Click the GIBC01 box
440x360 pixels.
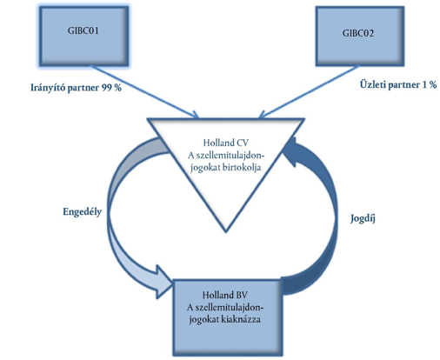[84, 37]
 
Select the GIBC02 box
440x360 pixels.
[360, 37]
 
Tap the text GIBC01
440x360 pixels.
[83, 30]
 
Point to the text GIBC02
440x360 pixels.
[358, 33]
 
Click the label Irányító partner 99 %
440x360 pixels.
[76, 88]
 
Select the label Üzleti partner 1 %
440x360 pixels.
[398, 84]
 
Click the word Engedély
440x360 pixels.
[83, 212]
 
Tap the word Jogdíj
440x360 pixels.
[363, 218]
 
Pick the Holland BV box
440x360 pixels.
[227, 317]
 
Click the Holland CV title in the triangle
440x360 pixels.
[225, 143]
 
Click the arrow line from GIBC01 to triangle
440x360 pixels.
[144, 91]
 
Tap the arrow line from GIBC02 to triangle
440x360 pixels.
[309, 92]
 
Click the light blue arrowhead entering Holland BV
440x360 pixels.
[163, 282]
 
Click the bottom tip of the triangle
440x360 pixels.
[226, 231]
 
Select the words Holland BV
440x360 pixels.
[225, 295]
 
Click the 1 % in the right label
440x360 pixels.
[430, 84]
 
